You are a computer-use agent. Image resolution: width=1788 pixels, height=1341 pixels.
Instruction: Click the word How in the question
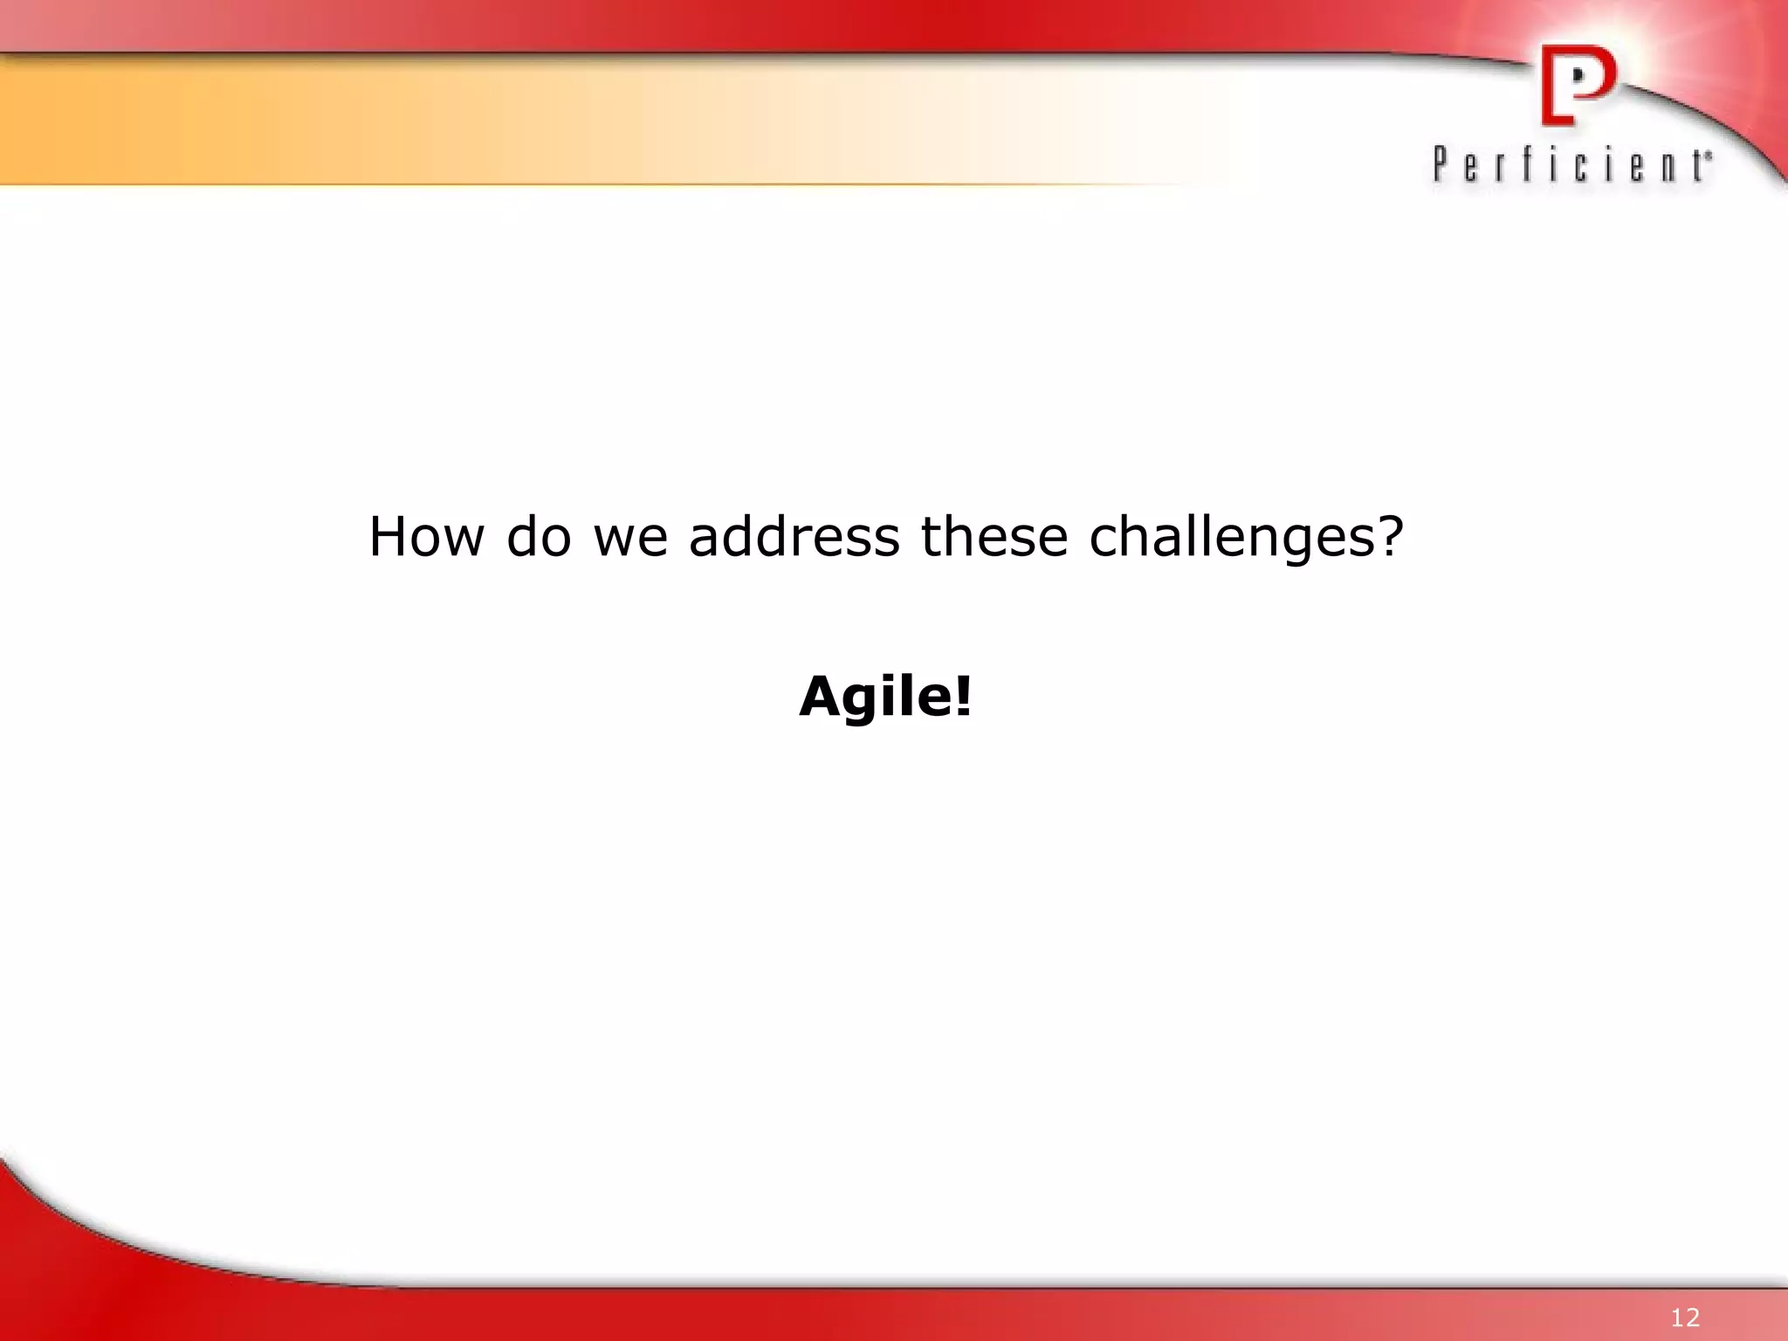point(426,536)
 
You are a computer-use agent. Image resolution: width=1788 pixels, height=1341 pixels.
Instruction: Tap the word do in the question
point(539,536)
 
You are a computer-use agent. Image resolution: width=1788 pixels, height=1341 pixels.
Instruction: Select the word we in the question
point(630,538)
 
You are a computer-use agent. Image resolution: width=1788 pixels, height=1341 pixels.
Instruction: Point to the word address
point(794,536)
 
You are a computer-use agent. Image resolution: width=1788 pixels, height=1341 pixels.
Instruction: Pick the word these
point(994,536)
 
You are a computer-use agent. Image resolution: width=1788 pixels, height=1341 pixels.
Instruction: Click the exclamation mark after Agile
point(963,697)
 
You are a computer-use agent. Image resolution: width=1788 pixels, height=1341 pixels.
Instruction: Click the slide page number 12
point(1685,1317)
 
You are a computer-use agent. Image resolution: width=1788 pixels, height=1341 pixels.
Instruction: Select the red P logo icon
point(1578,85)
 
